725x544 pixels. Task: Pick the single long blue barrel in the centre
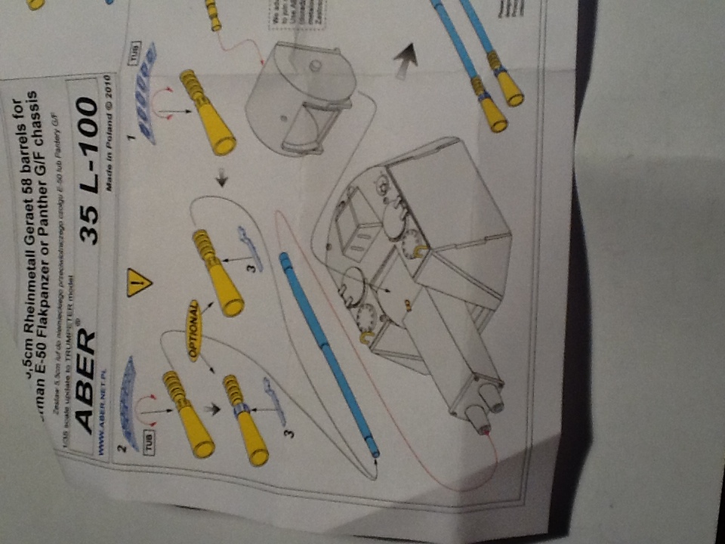[x=329, y=355]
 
